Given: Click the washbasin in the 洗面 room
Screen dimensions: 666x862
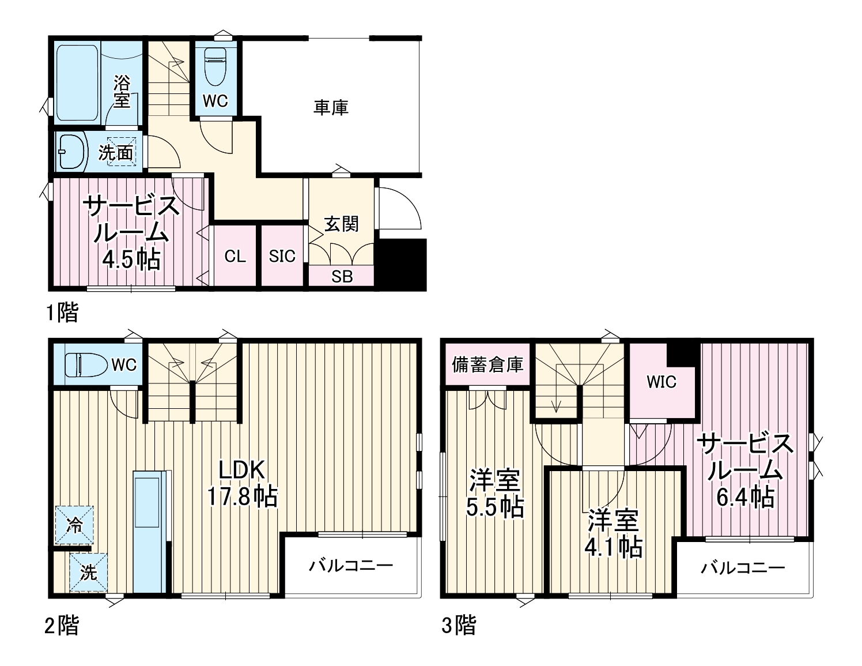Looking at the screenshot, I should (71, 151).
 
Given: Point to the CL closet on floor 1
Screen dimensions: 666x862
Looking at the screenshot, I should (235, 256).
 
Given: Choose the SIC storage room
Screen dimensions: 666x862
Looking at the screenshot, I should (282, 256).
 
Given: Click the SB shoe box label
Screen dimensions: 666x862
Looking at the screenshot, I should (342, 277).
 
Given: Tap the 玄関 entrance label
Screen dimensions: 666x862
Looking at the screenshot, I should (341, 224).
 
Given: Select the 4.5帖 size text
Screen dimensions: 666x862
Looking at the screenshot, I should (131, 261).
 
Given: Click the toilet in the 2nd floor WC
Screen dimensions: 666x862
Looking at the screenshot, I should (86, 365).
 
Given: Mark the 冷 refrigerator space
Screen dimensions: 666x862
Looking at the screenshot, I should (74, 525).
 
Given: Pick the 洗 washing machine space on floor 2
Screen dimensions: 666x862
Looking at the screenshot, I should (88, 573).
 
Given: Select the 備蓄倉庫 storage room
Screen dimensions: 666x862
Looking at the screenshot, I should (487, 364).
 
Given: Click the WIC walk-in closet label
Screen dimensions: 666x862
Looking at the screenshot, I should (661, 382).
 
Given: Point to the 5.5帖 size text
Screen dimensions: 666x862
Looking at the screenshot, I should (495, 507).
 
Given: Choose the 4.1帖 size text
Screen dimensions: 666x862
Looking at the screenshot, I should (614, 547).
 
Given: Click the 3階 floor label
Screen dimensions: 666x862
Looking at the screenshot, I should (459, 625).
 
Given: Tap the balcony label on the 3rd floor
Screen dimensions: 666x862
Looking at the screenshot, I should (743, 569).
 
